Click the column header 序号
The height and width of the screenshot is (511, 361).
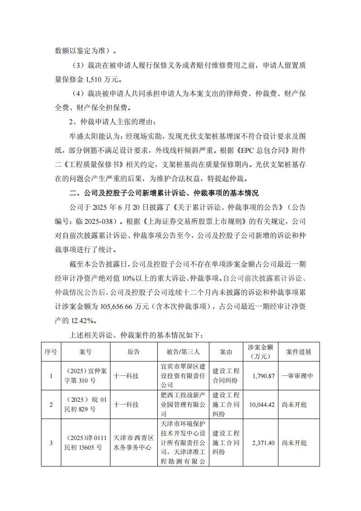[50, 352]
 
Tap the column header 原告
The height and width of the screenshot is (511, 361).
[133, 352]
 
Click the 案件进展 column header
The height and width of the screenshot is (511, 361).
[299, 352]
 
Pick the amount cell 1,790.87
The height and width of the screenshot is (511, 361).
[262, 376]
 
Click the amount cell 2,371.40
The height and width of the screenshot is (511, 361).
[262, 443]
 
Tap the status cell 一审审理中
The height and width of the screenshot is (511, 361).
[299, 376]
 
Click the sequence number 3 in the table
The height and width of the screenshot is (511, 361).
[50, 443]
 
